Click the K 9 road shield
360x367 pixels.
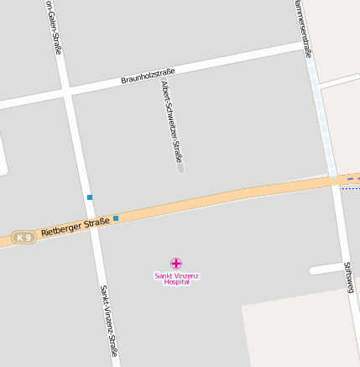pos(24,238)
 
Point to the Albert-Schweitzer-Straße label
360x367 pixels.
pos(172,123)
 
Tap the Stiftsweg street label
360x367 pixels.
pos(349,277)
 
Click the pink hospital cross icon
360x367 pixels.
pos(175,264)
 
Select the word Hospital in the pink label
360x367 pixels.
pos(176,282)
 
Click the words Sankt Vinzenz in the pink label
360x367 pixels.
pos(176,275)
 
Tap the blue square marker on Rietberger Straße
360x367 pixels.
pos(116,218)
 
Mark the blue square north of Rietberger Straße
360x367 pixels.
pos(89,197)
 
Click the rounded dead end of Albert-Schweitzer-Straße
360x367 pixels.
pos(180,169)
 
